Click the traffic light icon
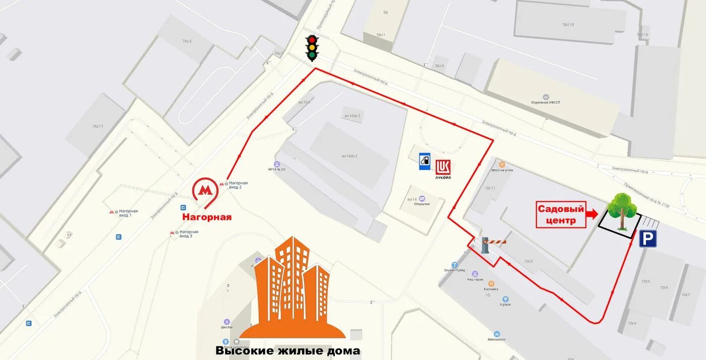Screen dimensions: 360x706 pos(312,48)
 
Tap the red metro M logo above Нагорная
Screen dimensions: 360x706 pos(205,191)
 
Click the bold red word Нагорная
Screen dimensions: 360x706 pos(207,217)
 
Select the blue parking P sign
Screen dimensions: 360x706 pos(648,238)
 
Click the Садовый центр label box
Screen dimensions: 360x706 pos(560,215)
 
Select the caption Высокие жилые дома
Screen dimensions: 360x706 pos(287,351)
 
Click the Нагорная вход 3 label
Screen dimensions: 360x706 pos(189,233)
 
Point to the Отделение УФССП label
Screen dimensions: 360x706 pos(546,102)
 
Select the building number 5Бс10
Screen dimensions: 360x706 pos(568,25)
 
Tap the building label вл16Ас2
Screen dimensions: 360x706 pos(349,156)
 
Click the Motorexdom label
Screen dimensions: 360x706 pos(497,339)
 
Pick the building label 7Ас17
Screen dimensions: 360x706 pos(97,126)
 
